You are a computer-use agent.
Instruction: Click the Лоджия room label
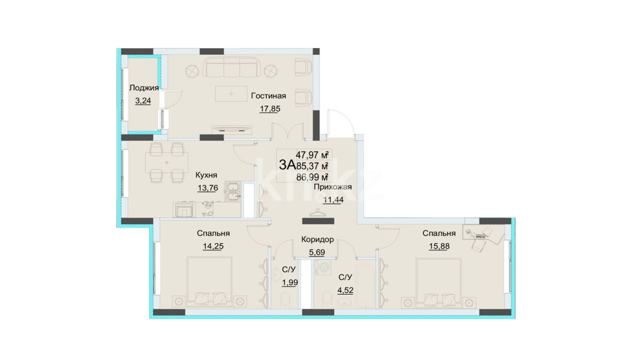144,88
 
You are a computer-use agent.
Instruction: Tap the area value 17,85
270,109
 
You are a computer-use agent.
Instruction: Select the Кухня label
206,175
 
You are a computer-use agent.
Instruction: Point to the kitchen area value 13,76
208,188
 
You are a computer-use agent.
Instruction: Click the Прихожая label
333,187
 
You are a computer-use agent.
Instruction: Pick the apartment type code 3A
286,165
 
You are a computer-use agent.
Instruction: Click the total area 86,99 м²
312,178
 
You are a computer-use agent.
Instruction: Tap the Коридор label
318,240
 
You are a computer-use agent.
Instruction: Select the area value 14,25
213,246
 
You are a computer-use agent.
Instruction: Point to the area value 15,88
439,246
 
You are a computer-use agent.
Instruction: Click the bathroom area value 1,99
290,282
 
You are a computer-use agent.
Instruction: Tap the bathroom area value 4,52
346,290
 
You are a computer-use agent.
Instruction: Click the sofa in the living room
232,68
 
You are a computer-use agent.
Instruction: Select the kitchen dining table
167,163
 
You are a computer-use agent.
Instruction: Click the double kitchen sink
233,192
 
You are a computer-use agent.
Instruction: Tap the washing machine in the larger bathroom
324,268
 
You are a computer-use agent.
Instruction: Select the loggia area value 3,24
143,101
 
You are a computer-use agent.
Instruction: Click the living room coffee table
231,94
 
